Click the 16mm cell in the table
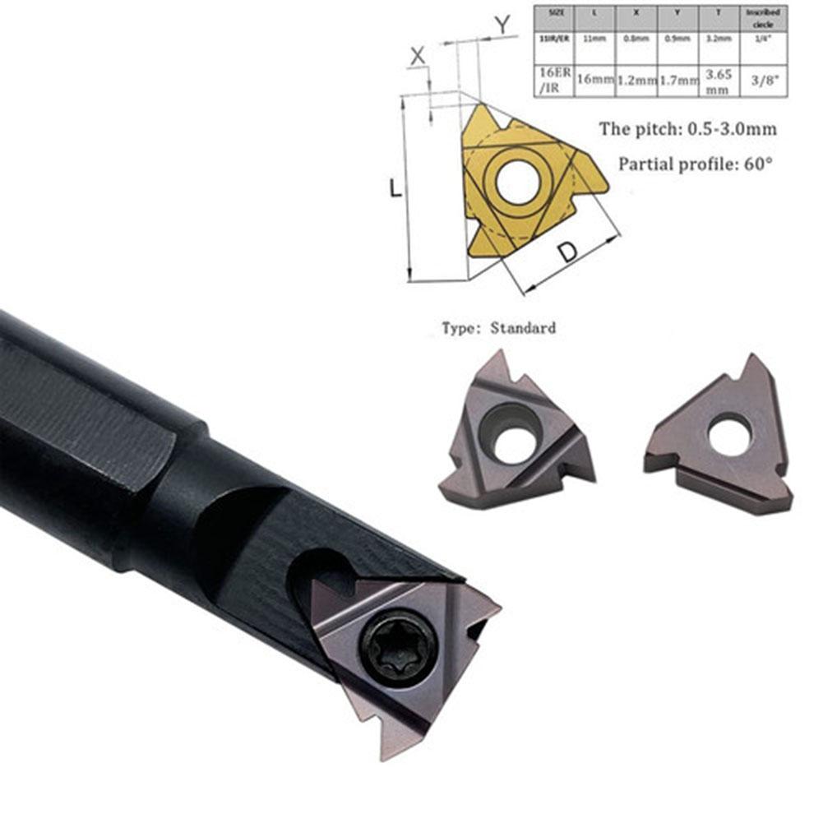[595, 79]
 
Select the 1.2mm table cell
[636, 80]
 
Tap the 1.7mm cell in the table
[677, 80]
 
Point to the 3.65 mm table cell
[719, 79]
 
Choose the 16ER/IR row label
[553, 79]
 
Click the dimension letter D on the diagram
[568, 253]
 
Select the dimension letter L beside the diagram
[395, 188]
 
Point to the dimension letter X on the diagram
[418, 56]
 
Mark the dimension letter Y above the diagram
[502, 26]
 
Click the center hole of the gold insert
[517, 181]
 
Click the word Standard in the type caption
[523, 328]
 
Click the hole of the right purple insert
[729, 435]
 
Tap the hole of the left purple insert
[511, 432]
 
